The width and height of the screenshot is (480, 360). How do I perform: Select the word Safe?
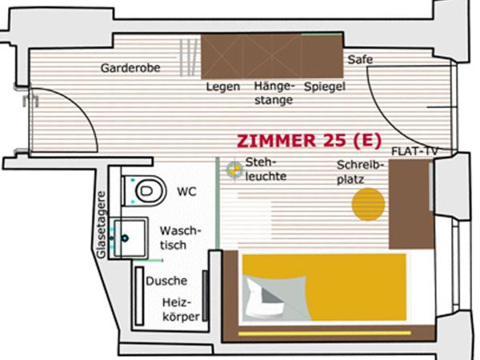click(x=360, y=59)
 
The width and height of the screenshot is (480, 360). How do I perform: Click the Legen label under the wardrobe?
click(x=222, y=86)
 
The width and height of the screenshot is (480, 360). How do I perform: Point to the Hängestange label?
click(x=274, y=93)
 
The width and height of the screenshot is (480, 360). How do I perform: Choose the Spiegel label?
click(x=324, y=86)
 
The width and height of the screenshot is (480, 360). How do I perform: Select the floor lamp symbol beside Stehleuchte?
click(x=234, y=170)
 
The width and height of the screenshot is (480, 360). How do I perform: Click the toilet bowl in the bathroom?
click(x=145, y=190)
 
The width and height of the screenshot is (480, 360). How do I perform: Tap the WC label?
click(x=186, y=193)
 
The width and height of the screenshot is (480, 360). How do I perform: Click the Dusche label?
click(x=166, y=281)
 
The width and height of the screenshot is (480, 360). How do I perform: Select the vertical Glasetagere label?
click(x=102, y=223)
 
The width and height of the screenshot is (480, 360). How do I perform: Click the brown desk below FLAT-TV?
click(x=410, y=204)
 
